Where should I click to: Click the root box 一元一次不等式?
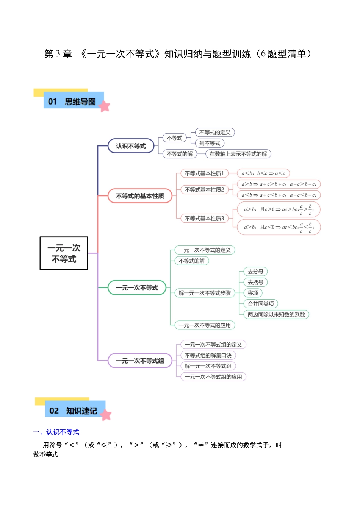tap(64, 253)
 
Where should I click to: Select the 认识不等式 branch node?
tap(131, 146)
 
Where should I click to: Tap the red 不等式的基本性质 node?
tap(140, 196)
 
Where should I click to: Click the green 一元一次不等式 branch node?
tap(137, 288)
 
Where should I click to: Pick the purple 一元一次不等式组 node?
tap(140, 361)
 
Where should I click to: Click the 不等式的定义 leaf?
tap(215, 133)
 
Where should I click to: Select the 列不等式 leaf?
tap(210, 143)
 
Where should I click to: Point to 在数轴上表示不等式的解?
tap(238, 154)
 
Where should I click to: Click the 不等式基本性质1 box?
tap(204, 173)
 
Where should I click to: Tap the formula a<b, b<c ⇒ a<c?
tap(263, 173)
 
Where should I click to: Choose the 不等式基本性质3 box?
tap(204, 219)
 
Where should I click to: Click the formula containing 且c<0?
tap(279, 227)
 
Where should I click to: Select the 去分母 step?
tap(255, 272)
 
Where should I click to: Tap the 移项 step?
tap(253, 293)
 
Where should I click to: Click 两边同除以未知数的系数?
tap(276, 315)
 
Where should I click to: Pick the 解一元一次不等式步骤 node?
tap(205, 293)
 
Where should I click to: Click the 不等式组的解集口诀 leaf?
tap(208, 356)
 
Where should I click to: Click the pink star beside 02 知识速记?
tap(106, 415)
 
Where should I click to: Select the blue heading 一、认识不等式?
tap(56, 432)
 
